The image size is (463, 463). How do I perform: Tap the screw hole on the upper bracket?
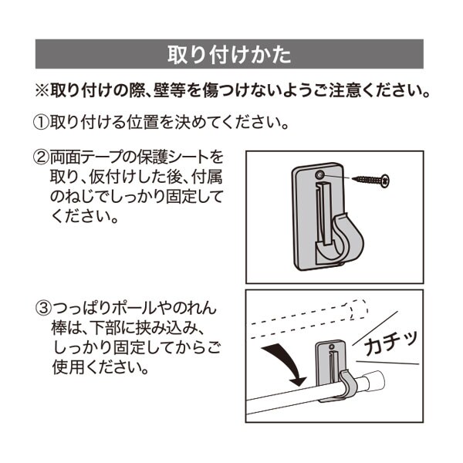click(319, 177)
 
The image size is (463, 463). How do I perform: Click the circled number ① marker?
click(40, 123)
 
